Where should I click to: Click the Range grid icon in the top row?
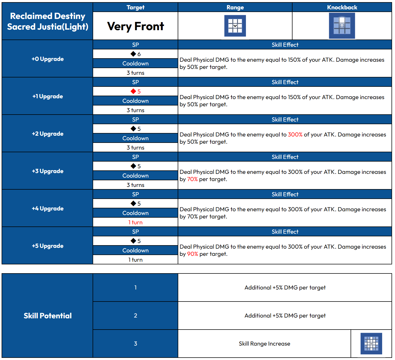point(235,26)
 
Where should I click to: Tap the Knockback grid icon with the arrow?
point(342,26)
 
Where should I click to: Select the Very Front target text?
point(135,26)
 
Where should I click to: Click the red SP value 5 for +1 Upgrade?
point(136,91)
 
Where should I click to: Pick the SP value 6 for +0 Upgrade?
point(136,54)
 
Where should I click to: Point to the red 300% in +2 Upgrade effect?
point(295,135)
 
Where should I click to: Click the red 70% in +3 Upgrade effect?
point(192,179)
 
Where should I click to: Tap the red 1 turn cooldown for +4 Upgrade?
point(135,222)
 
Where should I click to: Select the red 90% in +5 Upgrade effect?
point(192,254)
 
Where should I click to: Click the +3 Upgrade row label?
point(48,171)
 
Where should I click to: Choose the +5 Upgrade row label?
point(48,246)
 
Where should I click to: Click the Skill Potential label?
point(48,316)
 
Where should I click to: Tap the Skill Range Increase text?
point(264,344)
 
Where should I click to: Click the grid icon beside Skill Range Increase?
point(371,343)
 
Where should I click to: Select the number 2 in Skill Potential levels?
point(135,316)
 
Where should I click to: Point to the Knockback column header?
point(342,7)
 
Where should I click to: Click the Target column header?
point(135,7)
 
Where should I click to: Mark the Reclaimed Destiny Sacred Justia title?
point(48,21)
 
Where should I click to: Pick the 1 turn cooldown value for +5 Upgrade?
point(135,260)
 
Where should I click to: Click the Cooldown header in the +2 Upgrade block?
point(135,138)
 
